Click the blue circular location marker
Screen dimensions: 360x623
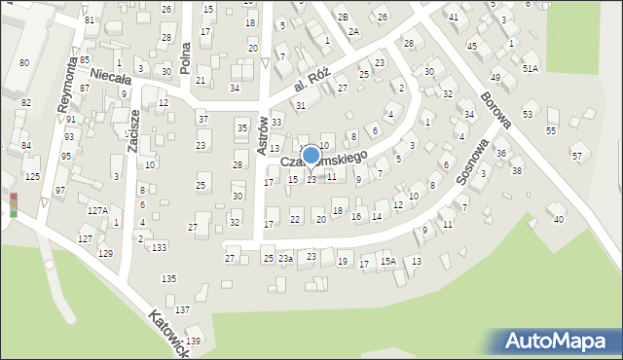coord(311,155)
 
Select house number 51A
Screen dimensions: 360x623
coord(530,68)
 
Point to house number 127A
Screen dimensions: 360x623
coord(97,210)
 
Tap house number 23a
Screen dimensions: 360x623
coord(285,259)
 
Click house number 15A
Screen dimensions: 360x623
coord(387,262)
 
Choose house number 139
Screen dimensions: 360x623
coord(194,341)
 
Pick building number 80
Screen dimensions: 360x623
coord(23,62)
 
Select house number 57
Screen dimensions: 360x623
coord(576,156)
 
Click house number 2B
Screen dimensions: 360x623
coord(343,18)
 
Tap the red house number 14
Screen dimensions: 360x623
coord(376,216)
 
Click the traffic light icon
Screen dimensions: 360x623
coord(14,204)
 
